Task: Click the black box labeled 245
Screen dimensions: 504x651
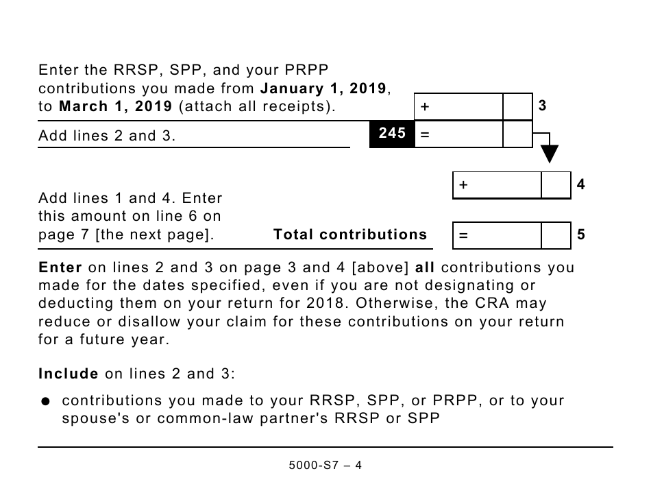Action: coord(392,134)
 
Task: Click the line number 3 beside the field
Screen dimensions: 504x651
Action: coord(542,106)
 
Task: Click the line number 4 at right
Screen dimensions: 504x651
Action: coord(581,184)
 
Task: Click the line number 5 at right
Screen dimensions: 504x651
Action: coord(581,235)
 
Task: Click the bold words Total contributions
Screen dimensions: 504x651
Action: coord(349,235)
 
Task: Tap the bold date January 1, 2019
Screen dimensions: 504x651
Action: coord(324,88)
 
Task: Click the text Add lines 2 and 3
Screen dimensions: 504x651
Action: coord(107,136)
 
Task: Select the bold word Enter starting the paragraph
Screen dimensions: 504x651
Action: coord(60,267)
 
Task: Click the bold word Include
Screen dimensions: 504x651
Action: coord(69,374)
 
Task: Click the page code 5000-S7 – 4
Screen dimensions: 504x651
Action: coord(325,465)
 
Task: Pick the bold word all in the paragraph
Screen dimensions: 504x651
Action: coord(425,267)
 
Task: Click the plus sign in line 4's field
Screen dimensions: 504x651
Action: coord(464,185)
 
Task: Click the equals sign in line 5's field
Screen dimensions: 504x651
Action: coord(464,235)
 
